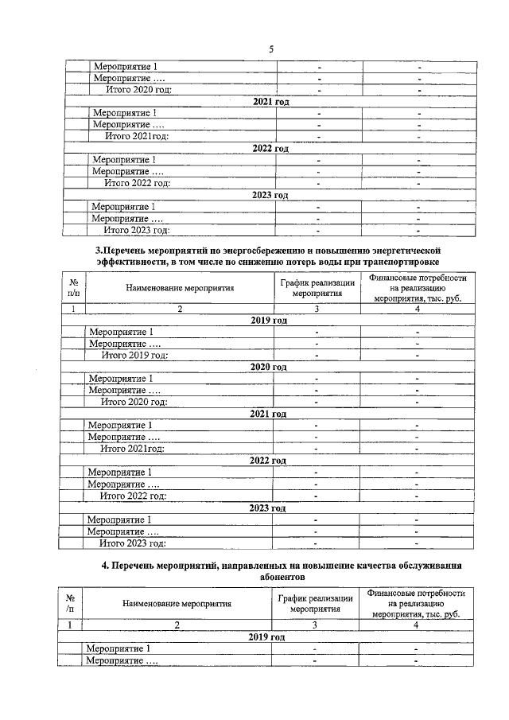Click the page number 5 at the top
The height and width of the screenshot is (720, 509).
pos(270,49)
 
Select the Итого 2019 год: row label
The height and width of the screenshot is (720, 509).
pos(134,355)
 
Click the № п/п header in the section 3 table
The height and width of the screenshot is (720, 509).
pos(73,287)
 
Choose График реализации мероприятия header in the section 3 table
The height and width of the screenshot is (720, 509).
pos(317,287)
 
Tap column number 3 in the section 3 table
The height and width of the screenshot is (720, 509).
pos(317,309)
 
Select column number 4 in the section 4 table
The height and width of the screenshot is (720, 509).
pos(416,625)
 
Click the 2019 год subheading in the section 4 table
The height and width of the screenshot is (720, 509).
pos(268,638)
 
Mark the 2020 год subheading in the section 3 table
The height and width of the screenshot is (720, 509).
pos(268,367)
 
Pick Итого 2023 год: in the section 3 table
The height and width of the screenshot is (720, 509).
pos(133,543)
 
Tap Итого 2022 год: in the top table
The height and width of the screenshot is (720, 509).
pos(138,183)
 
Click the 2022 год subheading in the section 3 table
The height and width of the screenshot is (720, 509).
pos(268,461)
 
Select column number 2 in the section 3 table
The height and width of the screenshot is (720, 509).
pos(180,309)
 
